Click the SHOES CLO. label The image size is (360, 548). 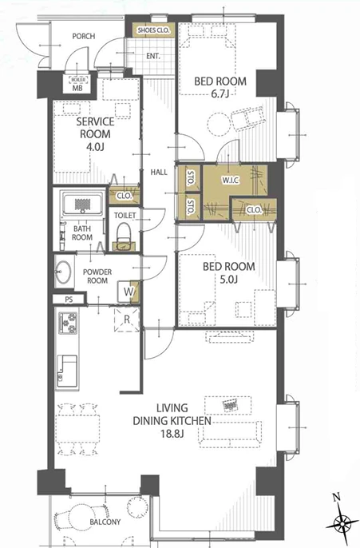click(153, 30)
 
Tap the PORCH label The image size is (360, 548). click(84, 36)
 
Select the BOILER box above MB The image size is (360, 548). click(77, 80)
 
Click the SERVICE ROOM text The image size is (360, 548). click(95, 128)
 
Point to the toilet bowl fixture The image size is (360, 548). click(123, 236)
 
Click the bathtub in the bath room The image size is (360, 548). click(82, 205)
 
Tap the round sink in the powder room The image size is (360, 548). click(63, 272)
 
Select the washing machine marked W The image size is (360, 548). click(129, 292)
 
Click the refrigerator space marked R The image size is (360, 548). click(127, 319)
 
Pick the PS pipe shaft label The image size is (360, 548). click(69, 300)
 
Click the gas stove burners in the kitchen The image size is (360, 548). click(68, 324)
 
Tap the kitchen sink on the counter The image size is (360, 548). click(67, 371)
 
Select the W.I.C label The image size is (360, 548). click(231, 181)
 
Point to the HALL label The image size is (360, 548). click(159, 172)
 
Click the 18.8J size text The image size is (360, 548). click(172, 434)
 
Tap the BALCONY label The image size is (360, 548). click(105, 522)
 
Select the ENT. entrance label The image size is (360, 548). click(153, 56)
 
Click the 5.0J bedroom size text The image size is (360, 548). click(229, 280)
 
